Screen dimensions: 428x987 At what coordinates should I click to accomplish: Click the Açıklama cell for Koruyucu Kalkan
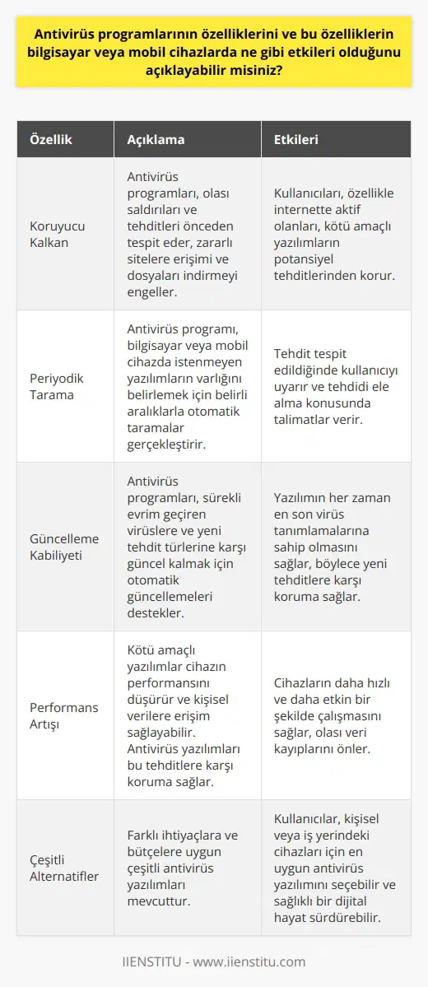187,234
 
